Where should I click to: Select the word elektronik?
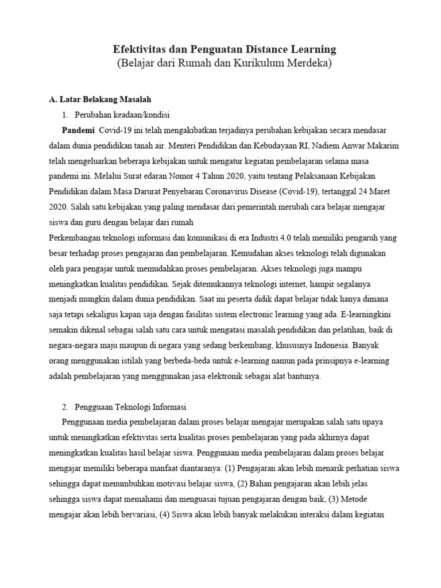(230, 377)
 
